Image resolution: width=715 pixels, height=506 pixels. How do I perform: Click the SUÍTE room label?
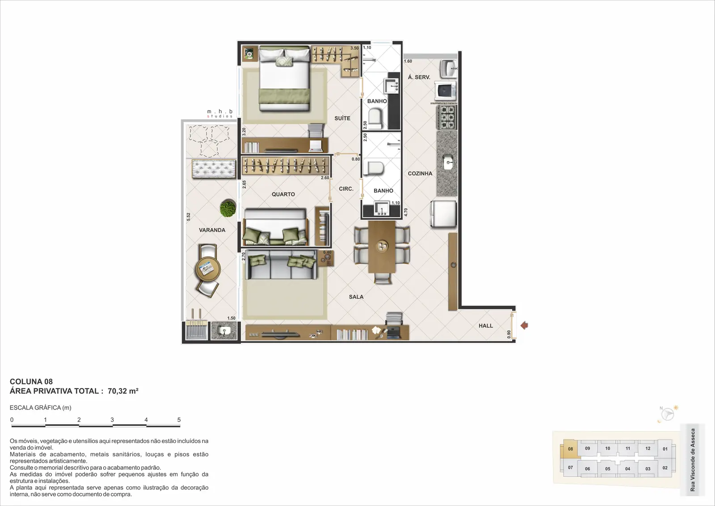pos(342,118)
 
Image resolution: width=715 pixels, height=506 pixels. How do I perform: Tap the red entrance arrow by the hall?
pos(524,325)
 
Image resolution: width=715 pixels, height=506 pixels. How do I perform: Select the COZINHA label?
pos(420,173)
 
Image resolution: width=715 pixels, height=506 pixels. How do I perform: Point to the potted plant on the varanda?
pos(228,208)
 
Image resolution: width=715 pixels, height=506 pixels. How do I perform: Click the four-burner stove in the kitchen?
pos(447,117)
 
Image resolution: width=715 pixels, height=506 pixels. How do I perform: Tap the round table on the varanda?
pos(208,269)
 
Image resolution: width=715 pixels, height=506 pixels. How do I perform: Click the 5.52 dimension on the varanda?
pos(188,217)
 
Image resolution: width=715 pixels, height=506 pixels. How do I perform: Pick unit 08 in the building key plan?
pos(570,448)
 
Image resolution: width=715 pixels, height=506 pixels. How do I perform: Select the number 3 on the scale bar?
pos(112,420)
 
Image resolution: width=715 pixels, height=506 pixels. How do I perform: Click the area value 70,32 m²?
pos(123,391)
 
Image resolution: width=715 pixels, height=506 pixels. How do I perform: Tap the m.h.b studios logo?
pos(220,114)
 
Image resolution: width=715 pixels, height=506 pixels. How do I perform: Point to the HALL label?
pos(486,325)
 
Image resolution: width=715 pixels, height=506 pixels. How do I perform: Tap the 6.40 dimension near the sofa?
pos(327,252)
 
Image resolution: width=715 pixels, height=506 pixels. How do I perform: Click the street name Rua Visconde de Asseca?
pos(692,460)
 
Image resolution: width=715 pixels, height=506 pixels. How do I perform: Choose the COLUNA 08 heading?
pos(31,381)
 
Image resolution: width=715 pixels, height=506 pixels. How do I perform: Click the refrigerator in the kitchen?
pos(443,214)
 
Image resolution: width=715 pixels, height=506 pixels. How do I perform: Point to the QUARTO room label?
pos(283,194)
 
